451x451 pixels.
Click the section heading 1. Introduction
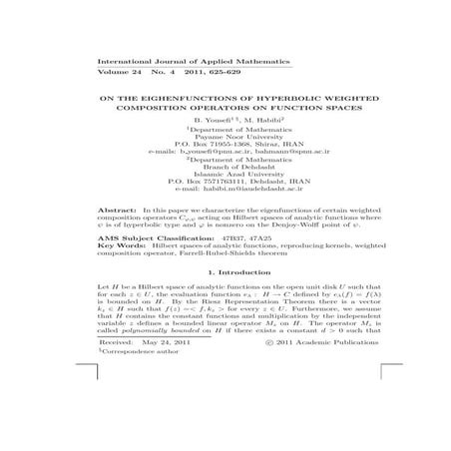click(x=224, y=299)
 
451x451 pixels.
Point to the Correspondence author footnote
click(x=144, y=406)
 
